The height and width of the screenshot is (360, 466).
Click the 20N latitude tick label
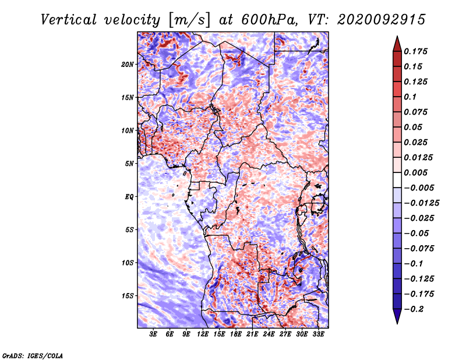pyautogui.click(x=127, y=65)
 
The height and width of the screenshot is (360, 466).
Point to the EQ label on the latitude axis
pyautogui.click(x=129, y=197)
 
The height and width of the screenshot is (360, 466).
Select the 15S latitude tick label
pyautogui.click(x=128, y=296)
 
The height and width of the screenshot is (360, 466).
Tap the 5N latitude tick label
pyautogui.click(x=129, y=164)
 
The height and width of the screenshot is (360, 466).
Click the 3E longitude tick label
pyautogui.click(x=153, y=334)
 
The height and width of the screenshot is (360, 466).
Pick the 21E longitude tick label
pyautogui.click(x=252, y=334)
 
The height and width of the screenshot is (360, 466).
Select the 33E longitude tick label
pyautogui.click(x=318, y=334)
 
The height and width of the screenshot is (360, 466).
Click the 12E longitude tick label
pyautogui.click(x=202, y=334)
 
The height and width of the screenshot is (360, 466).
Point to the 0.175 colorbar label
pyautogui.click(x=415, y=51)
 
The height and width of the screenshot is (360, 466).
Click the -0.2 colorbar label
pyautogui.click(x=414, y=309)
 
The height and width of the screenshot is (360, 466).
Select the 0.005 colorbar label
pyautogui.click(x=415, y=172)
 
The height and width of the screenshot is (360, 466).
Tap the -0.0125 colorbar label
pyautogui.click(x=421, y=203)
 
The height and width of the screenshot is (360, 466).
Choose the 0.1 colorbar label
pyautogui.click(x=411, y=97)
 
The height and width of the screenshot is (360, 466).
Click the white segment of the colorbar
pyautogui.click(x=397, y=180)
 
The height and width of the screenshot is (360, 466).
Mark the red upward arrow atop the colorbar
pyautogui.click(x=397, y=44)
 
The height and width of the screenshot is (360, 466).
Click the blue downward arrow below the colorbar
pyautogui.click(x=397, y=316)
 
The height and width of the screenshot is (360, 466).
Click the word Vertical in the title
pyautogui.click(x=69, y=20)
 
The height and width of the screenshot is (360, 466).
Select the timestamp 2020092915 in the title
pyautogui.click(x=382, y=20)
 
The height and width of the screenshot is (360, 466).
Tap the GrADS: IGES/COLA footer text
pyautogui.click(x=33, y=356)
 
